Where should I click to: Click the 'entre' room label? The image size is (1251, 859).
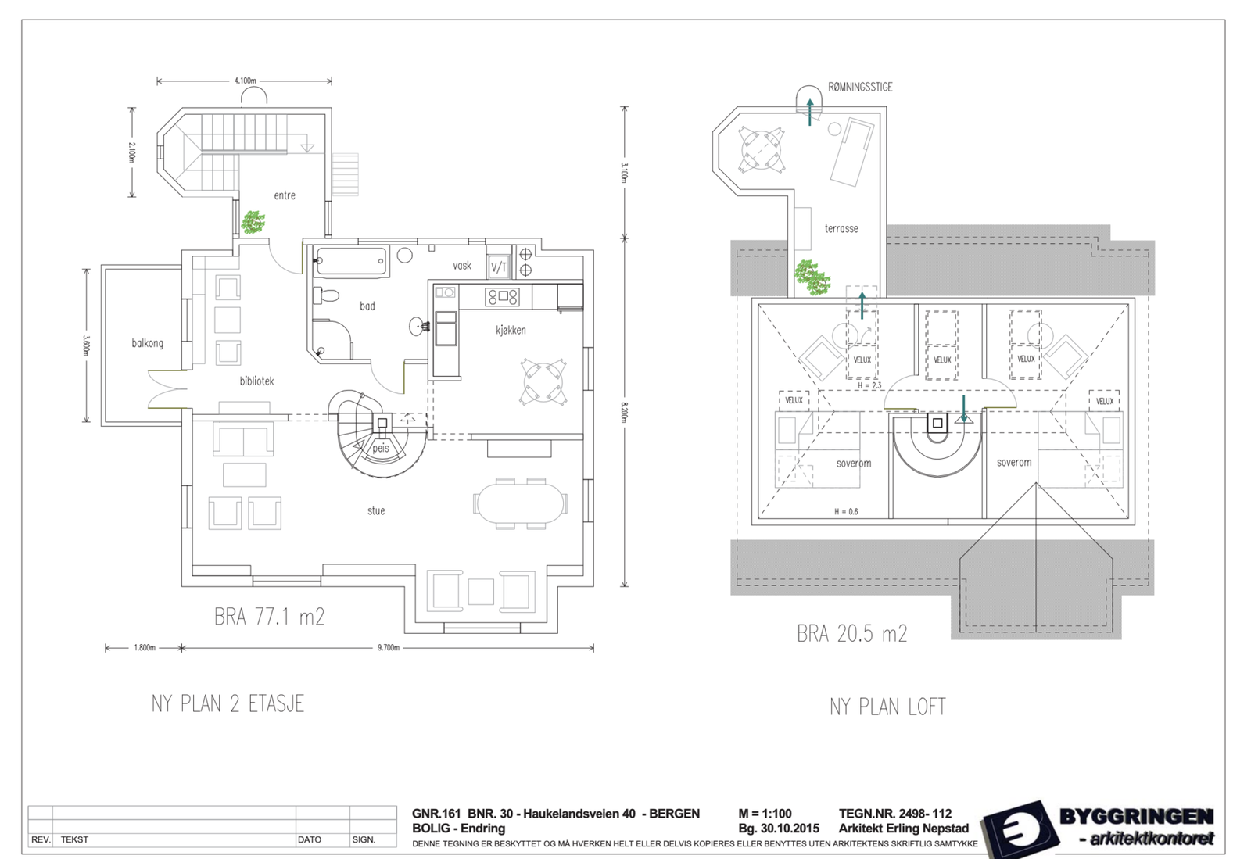(285, 195)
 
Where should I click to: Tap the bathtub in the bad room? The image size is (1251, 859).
(351, 262)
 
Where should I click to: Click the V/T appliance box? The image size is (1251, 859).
(499, 267)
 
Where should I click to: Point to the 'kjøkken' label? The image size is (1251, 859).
(511, 330)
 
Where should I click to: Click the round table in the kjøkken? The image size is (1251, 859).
(543, 381)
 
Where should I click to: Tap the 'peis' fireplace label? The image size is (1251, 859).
(381, 449)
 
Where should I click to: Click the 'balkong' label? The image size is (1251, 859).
(147, 343)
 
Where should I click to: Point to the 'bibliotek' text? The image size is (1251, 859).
(256, 381)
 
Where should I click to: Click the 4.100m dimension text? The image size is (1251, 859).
(245, 81)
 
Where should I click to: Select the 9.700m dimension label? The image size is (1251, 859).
(389, 648)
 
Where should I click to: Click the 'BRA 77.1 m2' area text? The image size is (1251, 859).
(269, 617)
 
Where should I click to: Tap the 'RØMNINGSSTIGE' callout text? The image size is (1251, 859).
(860, 88)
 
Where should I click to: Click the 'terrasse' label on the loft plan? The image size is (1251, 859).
(841, 228)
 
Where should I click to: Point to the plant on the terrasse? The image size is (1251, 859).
(812, 277)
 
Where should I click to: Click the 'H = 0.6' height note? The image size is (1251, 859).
(845, 512)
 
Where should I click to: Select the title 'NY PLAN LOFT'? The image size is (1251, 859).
(887, 707)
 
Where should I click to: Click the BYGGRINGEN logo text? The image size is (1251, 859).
(1136, 817)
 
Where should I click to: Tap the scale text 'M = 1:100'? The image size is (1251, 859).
(765, 814)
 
